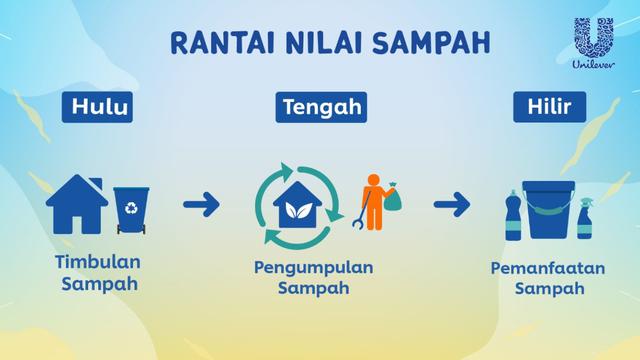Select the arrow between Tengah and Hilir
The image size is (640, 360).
453,207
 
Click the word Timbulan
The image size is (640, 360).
97,262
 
